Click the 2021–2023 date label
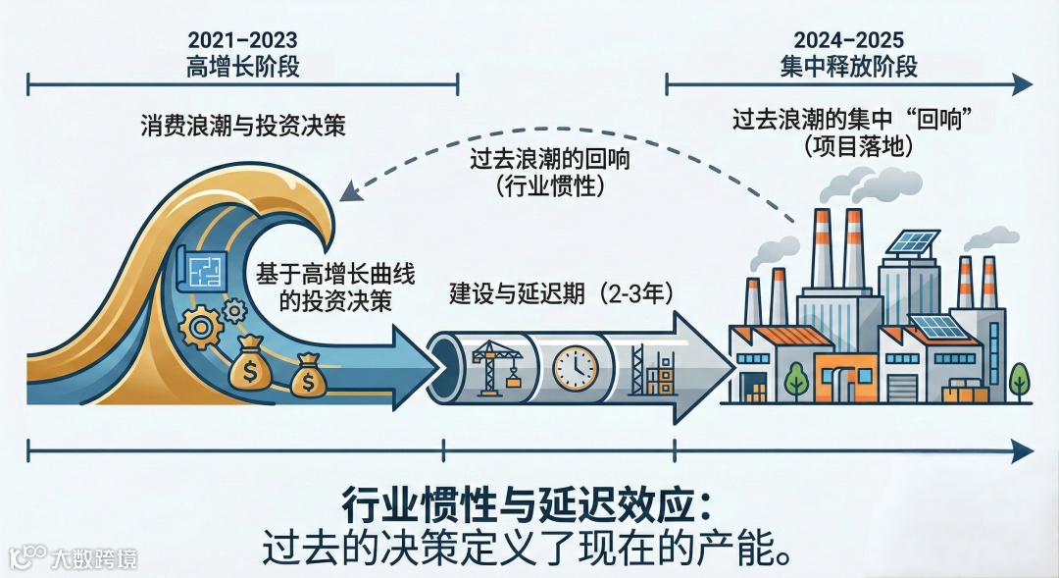pos(242,41)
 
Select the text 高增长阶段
pos(242,68)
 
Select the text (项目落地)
pos(859,147)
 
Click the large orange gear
pos(201,327)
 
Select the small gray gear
pos(234,311)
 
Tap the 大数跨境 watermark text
pos(95,558)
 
